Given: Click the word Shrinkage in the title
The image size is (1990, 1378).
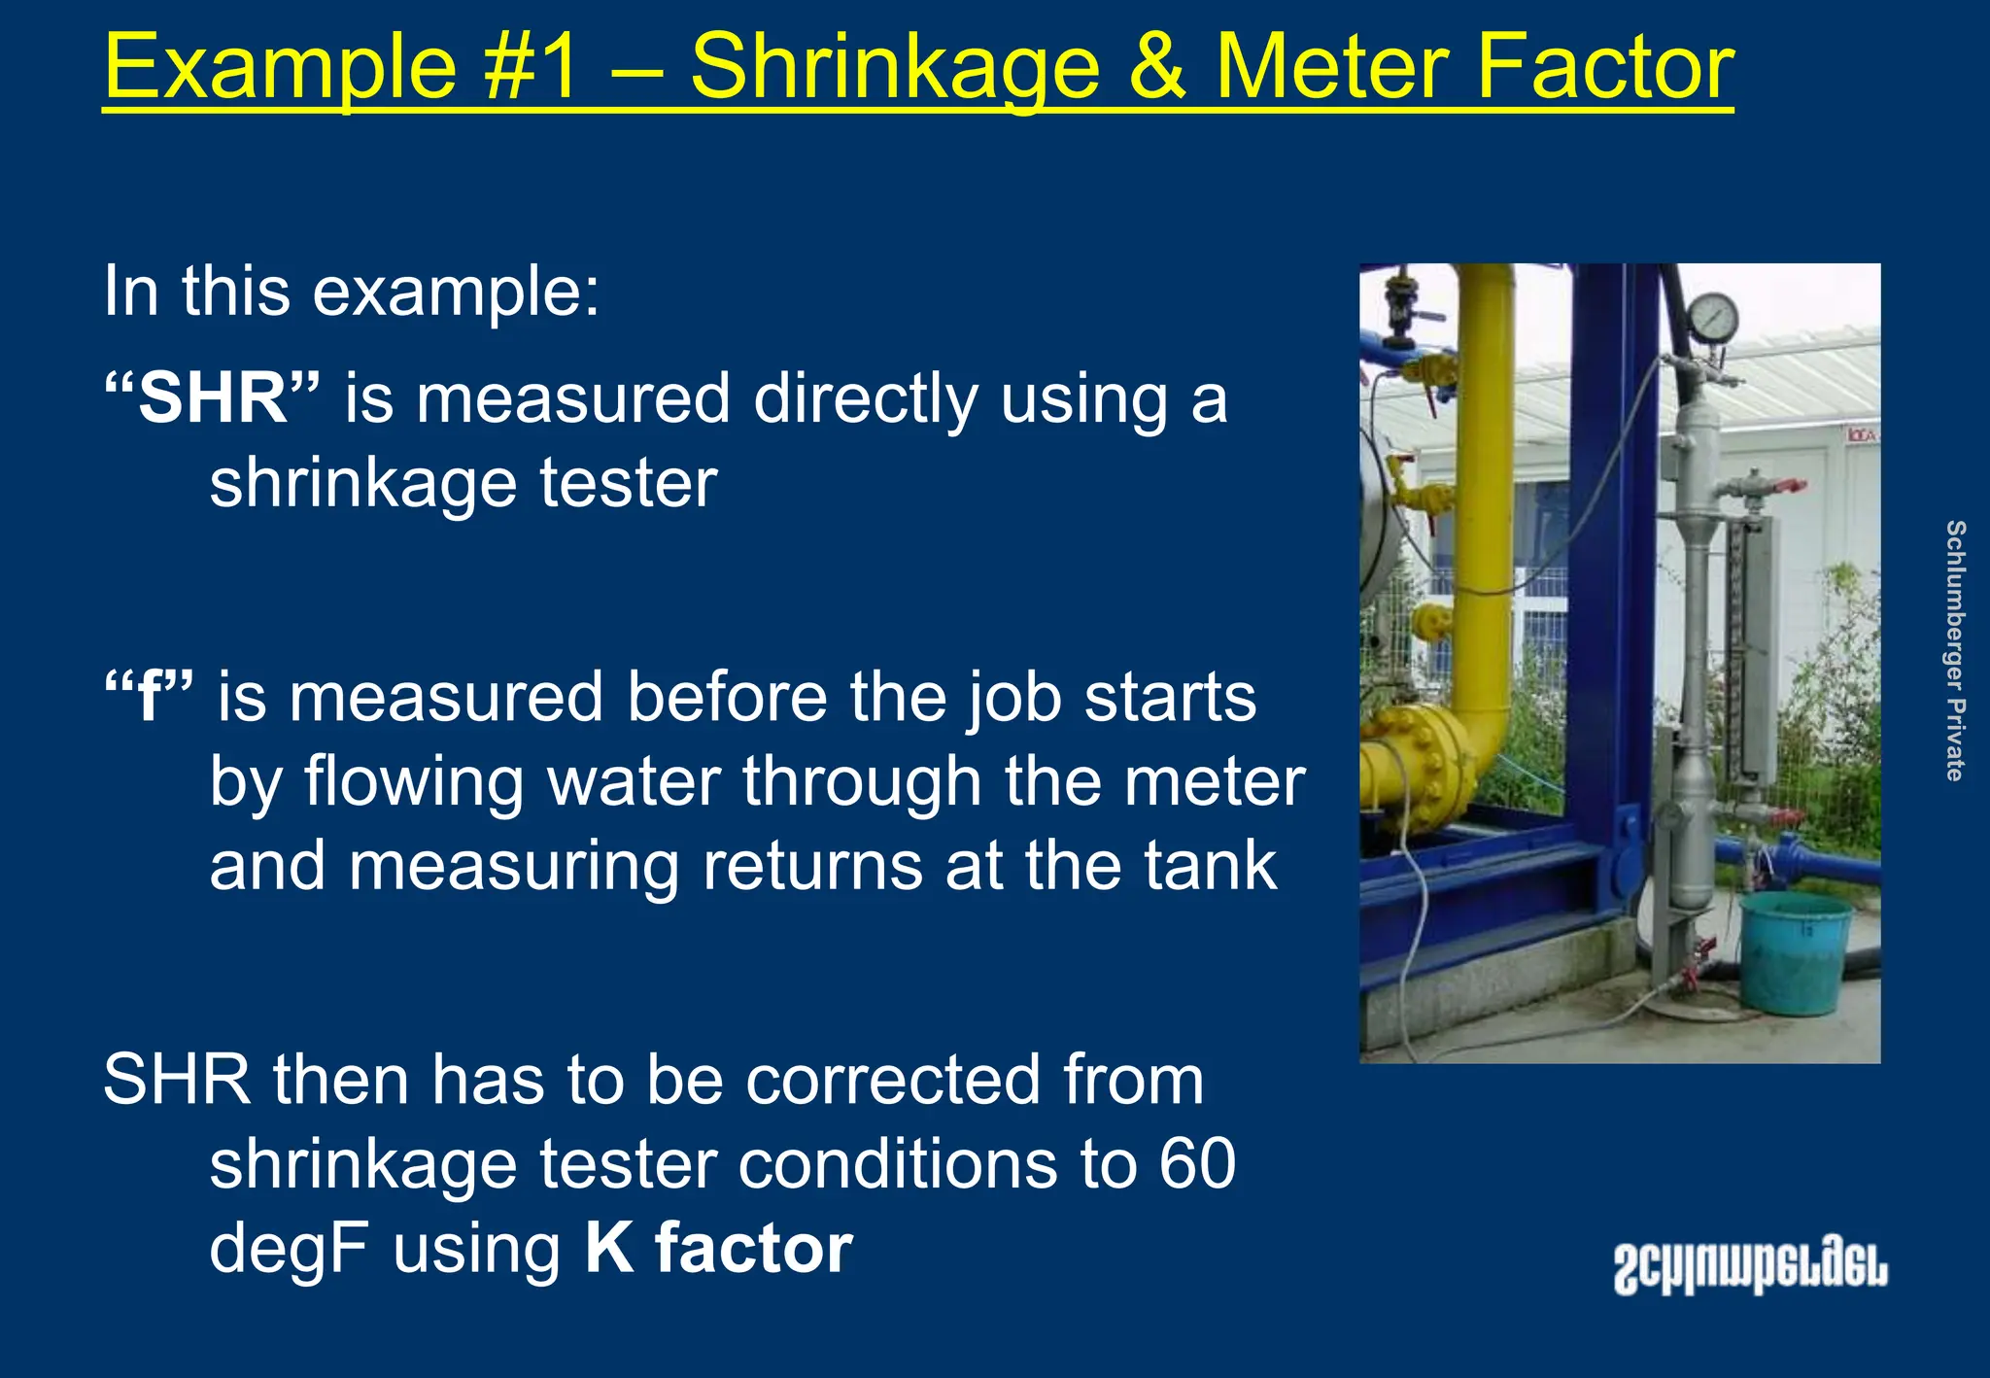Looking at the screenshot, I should [x=894, y=68].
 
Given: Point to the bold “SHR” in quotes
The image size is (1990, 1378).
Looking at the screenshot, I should [x=212, y=398].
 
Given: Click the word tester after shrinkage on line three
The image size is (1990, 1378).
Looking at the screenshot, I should [x=628, y=484].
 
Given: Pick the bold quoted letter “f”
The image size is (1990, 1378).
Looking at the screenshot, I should [x=149, y=697].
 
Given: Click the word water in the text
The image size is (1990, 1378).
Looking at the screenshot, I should [x=634, y=781].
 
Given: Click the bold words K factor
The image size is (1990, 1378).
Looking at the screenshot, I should [x=718, y=1248].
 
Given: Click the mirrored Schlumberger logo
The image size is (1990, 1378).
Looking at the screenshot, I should [x=1750, y=1267].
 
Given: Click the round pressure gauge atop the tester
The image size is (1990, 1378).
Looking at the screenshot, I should [x=1713, y=317].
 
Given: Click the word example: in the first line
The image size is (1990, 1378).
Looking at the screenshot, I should [x=456, y=291].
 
